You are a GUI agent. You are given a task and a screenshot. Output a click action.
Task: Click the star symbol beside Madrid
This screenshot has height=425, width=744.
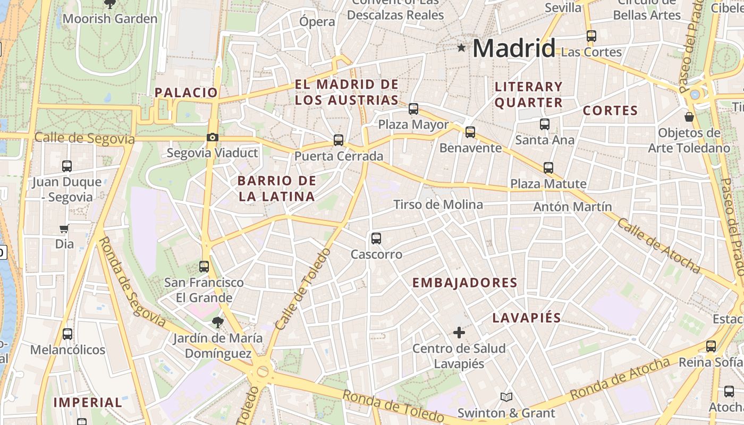461,48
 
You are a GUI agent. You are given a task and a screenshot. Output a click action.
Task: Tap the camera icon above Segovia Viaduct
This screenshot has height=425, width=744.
213,138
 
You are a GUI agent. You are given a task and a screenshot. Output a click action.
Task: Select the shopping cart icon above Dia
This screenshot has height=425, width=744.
64,229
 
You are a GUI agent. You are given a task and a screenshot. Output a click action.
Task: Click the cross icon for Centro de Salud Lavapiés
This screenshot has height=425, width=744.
459,333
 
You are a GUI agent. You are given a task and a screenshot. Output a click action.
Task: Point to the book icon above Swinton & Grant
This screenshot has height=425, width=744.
506,397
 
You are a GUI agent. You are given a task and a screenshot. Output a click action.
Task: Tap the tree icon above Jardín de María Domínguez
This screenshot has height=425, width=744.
217,322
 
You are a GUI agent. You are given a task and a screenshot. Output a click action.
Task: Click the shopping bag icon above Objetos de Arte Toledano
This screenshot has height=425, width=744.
689,116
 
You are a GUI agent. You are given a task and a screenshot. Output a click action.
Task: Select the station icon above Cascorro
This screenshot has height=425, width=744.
376,239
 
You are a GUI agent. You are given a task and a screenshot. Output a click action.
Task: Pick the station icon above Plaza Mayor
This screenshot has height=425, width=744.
413,109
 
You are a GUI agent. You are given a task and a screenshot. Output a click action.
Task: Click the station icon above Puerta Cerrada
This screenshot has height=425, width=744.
339,140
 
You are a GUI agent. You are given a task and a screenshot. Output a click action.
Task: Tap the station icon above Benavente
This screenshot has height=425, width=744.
470,132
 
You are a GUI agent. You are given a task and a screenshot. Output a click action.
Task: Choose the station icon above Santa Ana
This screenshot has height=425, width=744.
545,124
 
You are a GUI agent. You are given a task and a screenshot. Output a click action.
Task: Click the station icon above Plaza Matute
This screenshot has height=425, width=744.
548,168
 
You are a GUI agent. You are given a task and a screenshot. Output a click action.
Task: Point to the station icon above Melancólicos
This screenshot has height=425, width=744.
67,334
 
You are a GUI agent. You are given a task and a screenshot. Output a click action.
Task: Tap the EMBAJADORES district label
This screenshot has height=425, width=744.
465,283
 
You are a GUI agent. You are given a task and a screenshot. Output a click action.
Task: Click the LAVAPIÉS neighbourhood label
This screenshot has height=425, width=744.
527,318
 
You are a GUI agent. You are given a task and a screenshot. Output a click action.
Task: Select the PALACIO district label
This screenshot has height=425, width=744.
186,92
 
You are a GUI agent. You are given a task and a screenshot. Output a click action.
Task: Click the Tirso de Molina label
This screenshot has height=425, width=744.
438,205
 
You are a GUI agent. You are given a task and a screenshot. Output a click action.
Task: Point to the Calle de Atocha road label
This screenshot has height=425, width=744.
658,245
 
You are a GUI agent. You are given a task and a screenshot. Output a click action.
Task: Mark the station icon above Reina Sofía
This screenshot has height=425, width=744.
711,346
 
